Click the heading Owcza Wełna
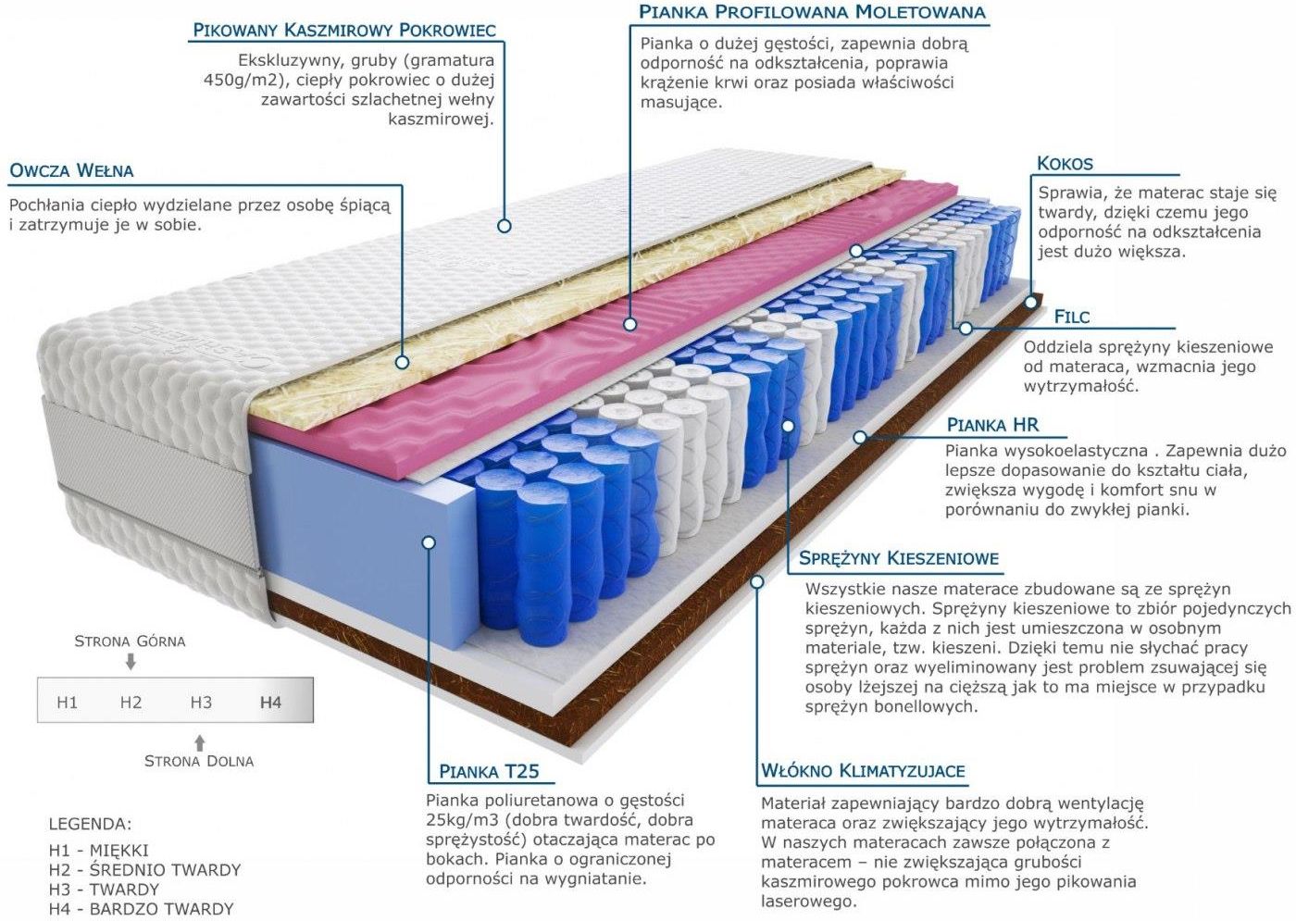pos(72,170)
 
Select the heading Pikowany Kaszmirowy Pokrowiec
pos(344,30)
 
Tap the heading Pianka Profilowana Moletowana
pos(812,11)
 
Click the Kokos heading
pos(1065,164)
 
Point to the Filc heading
pos(1072,317)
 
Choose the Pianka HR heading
pos(992,425)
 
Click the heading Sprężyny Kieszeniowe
pos(899,558)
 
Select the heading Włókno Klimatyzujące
pos(863,770)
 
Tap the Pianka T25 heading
pos(489,771)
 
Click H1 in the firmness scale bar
pos(67,703)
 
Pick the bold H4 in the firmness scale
pos(270,703)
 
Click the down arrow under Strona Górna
pos(131,662)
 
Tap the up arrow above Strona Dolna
pos(200,742)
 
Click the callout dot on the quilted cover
pos(504,226)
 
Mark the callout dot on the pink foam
pos(630,324)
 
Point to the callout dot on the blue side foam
pos(429,542)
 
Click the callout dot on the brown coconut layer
pos(1030,302)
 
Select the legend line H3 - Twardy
pos(104,889)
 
